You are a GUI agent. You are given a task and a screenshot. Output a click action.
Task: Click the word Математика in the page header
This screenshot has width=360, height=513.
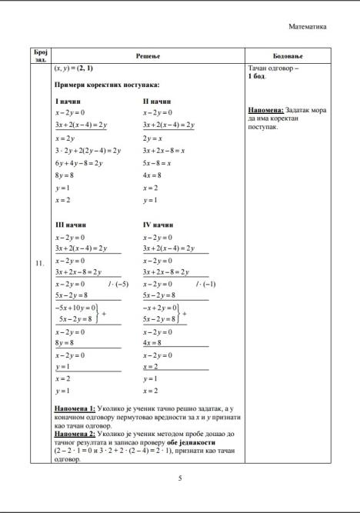tap(307, 26)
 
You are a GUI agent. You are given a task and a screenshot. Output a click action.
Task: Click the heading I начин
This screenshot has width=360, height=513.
tap(68, 101)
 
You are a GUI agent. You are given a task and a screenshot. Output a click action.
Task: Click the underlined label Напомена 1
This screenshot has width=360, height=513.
tap(75, 407)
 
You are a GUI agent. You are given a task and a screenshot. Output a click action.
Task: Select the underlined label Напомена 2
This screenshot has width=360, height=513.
tap(75, 433)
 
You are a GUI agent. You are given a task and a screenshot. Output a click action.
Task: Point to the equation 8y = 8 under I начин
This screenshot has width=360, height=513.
tap(64, 175)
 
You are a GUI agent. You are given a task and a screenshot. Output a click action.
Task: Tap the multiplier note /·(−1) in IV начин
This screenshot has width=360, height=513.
tap(206, 284)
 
